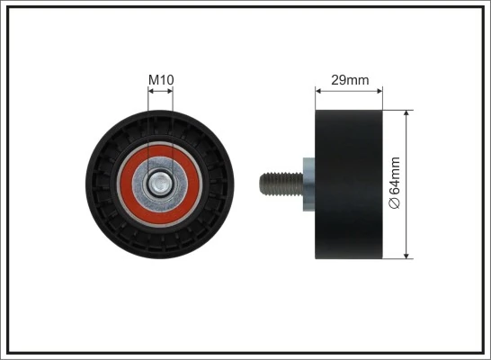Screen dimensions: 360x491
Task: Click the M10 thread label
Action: click(160, 80)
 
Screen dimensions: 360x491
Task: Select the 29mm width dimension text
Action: click(350, 80)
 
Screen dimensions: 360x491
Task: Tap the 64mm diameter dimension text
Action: click(395, 184)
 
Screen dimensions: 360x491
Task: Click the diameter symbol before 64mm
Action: click(395, 205)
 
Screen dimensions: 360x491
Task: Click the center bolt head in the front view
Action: click(160, 184)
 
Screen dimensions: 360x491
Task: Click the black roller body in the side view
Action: click(349, 185)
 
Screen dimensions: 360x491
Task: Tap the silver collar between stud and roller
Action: click(308, 185)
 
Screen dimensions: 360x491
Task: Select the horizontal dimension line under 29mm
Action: click(350, 90)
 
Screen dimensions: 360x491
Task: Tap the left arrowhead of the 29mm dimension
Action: click(318, 90)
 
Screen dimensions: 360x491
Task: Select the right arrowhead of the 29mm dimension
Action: click(380, 90)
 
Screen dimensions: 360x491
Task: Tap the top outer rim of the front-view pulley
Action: click(160, 115)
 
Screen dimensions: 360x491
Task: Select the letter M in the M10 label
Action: click(153, 80)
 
